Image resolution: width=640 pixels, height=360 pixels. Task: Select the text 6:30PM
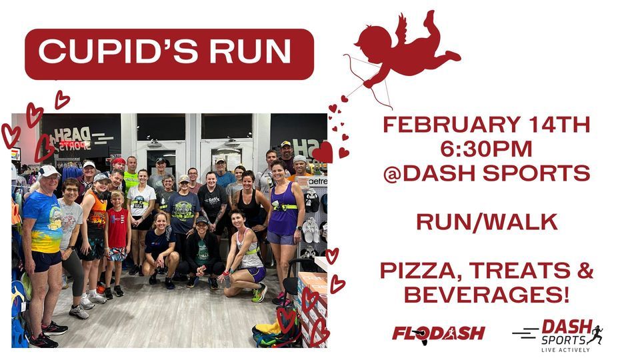[x=486, y=149]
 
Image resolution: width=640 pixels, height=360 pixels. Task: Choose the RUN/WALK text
[x=487, y=222]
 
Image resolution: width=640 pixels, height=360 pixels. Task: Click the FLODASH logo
[x=438, y=333]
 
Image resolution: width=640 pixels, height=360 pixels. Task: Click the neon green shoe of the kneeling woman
[x=259, y=293]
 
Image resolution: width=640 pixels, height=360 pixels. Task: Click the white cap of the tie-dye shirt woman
[x=48, y=171]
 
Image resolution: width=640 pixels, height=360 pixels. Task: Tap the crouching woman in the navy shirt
[x=161, y=247]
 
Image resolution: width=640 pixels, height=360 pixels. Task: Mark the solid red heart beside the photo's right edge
[x=323, y=153]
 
